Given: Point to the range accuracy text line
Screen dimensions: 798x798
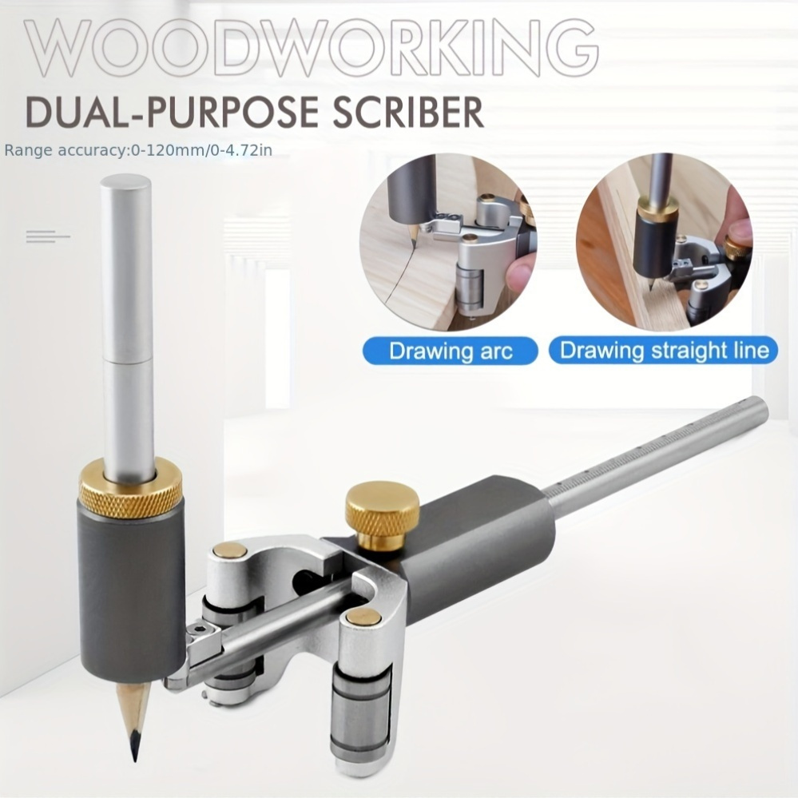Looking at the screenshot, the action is click(x=138, y=151).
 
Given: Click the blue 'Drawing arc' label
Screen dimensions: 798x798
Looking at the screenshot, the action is click(x=450, y=351).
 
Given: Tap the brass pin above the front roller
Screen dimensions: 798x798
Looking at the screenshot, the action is click(x=362, y=617).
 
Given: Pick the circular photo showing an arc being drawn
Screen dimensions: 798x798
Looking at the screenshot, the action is click(x=448, y=242).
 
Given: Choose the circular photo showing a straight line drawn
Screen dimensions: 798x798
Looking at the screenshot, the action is click(x=664, y=242).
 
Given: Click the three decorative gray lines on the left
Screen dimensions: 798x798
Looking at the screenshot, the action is click(x=48, y=236).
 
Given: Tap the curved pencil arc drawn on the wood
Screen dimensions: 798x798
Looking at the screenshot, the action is click(x=402, y=270).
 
